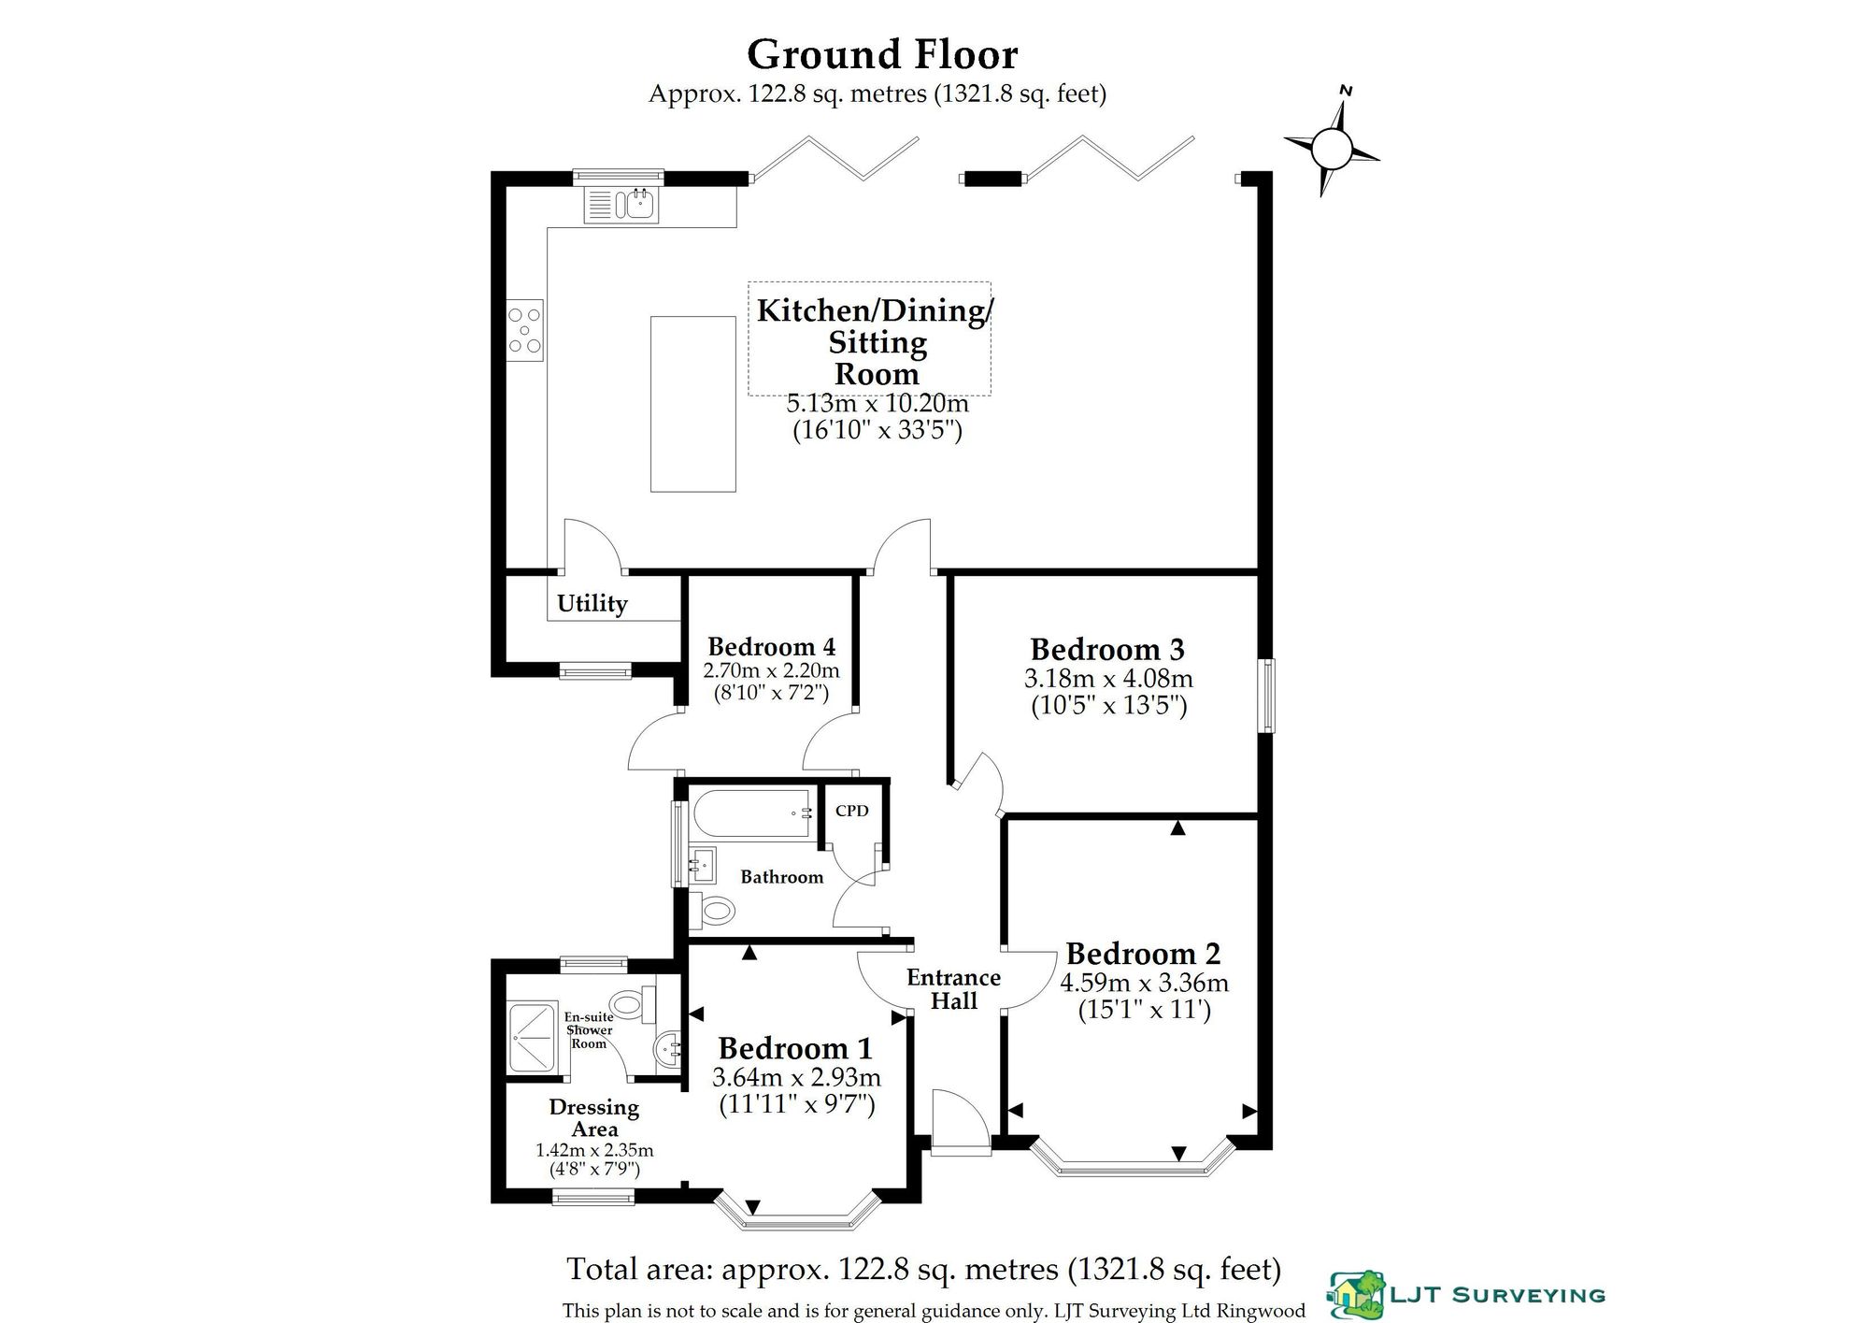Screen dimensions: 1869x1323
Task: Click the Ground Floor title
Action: click(x=882, y=54)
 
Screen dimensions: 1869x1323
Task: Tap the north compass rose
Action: click(x=1332, y=148)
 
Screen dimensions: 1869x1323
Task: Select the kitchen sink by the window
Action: click(x=621, y=205)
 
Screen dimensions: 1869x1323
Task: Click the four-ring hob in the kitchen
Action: click(x=525, y=330)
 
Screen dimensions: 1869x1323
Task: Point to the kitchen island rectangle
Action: click(x=693, y=404)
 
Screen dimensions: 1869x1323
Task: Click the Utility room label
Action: click(x=592, y=603)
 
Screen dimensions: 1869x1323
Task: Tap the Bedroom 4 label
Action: click(x=771, y=647)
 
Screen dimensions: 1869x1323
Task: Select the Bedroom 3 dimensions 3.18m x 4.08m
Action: click(x=1108, y=678)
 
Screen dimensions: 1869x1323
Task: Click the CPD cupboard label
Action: click(x=852, y=811)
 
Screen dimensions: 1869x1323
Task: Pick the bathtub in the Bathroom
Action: click(x=753, y=813)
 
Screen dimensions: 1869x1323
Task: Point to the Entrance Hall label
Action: click(x=954, y=989)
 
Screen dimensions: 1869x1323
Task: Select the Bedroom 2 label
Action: click(x=1144, y=954)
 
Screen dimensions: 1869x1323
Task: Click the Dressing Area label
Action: click(x=594, y=1118)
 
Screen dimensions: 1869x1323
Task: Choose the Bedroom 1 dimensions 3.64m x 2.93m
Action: click(x=796, y=1077)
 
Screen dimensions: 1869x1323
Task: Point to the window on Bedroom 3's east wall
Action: click(x=1266, y=695)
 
